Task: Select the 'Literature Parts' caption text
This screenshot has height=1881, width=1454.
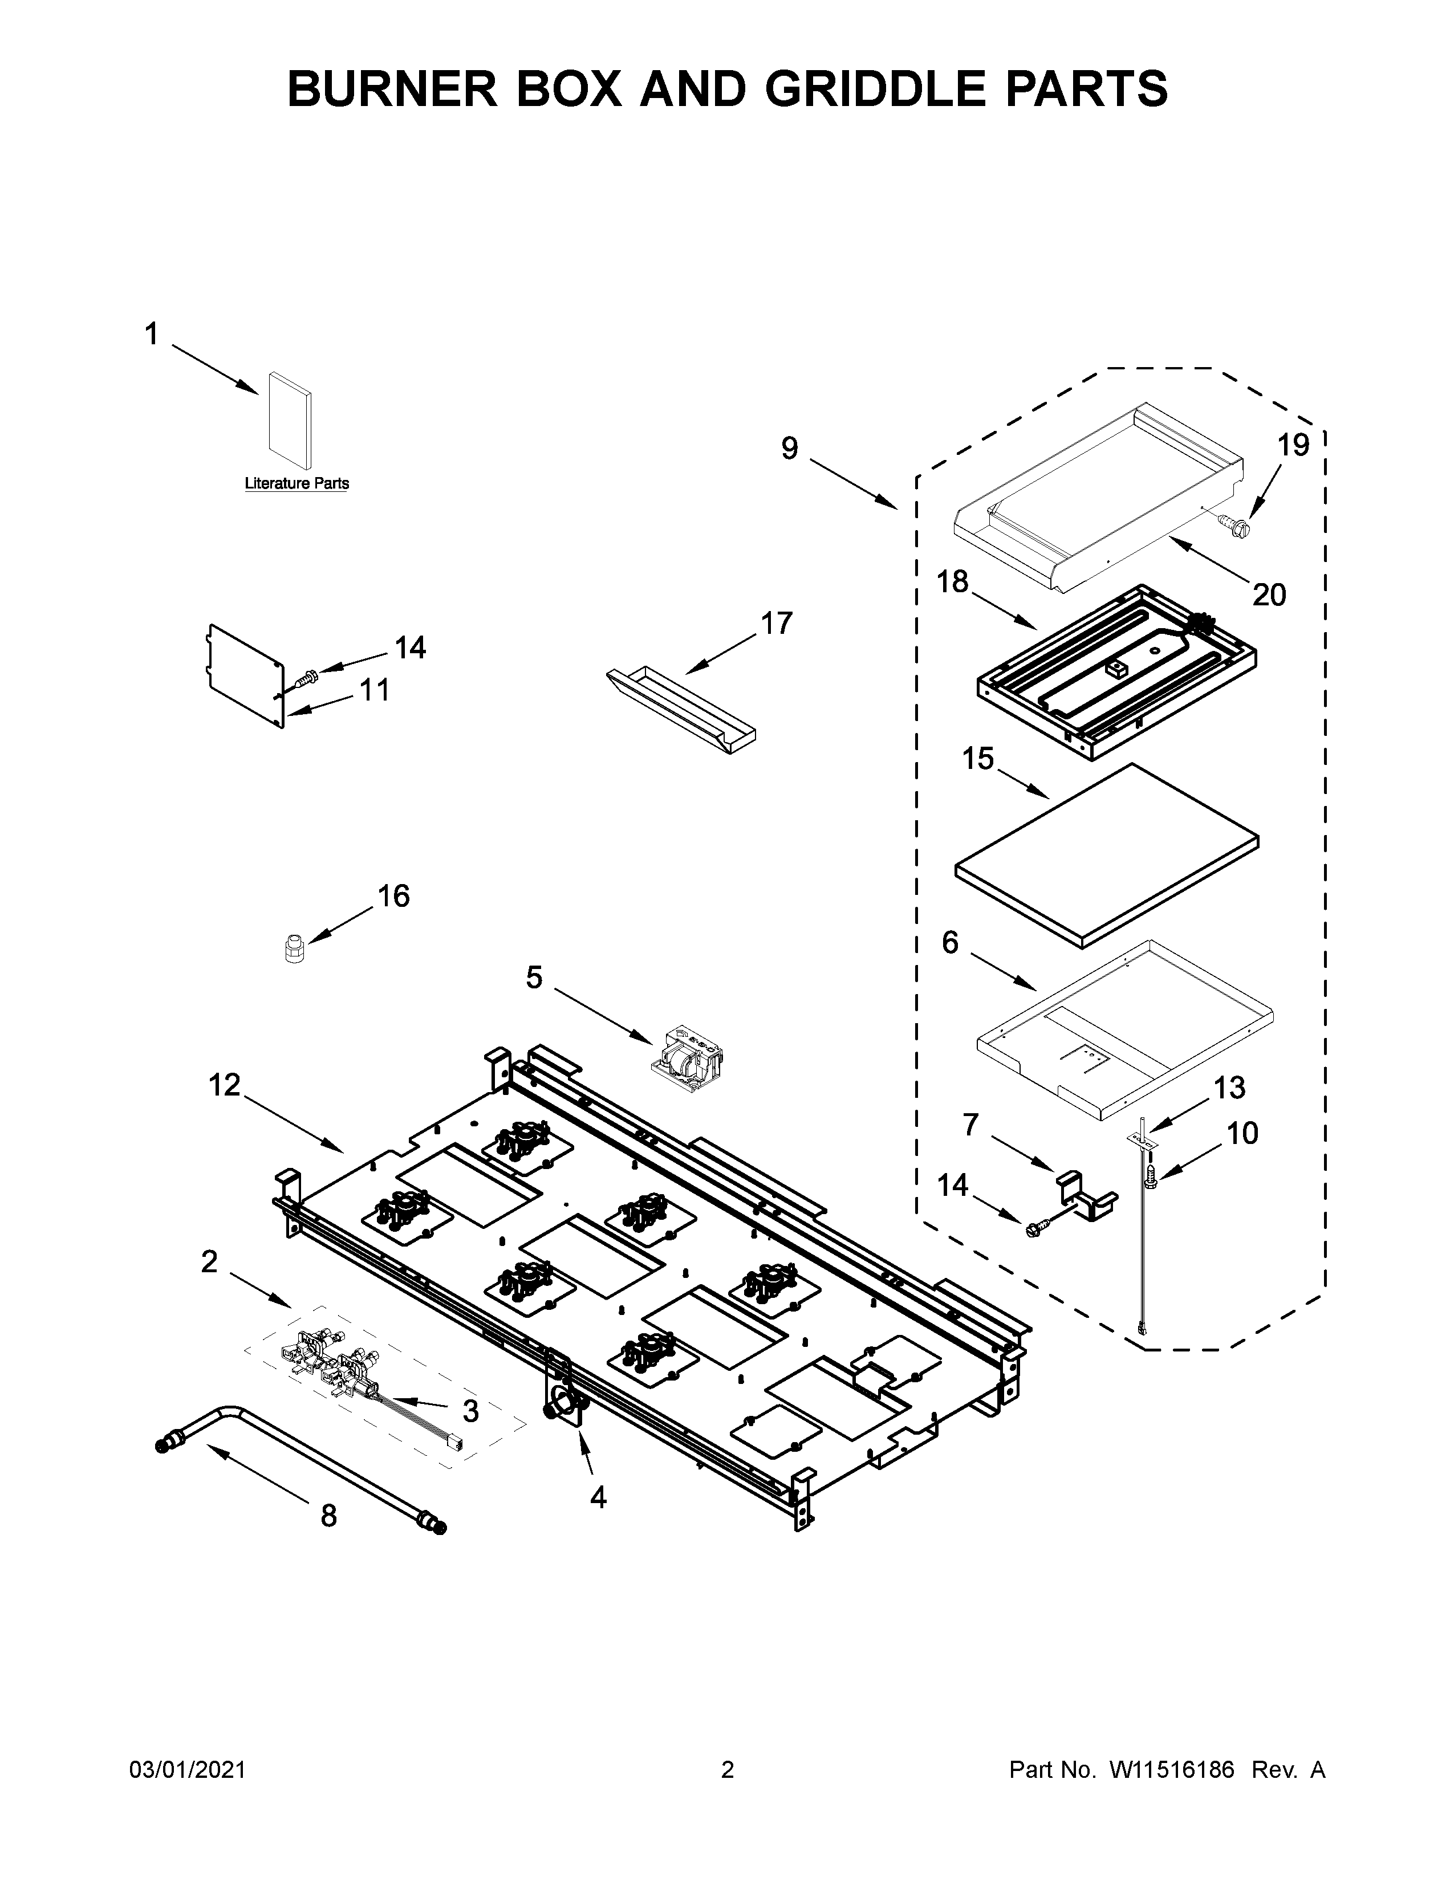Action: (x=297, y=483)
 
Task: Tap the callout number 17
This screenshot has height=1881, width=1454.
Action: (x=776, y=622)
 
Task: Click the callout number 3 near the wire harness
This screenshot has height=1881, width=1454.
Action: (x=470, y=1411)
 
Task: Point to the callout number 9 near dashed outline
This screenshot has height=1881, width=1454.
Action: (x=790, y=448)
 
